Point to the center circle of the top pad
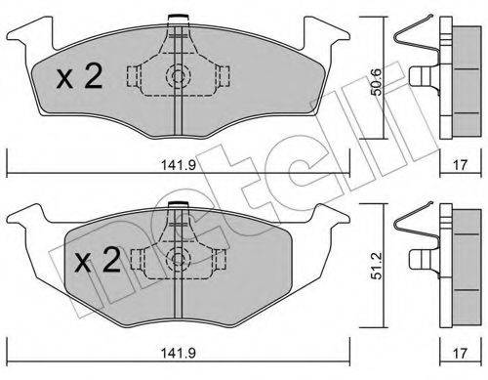(x=178, y=77)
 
